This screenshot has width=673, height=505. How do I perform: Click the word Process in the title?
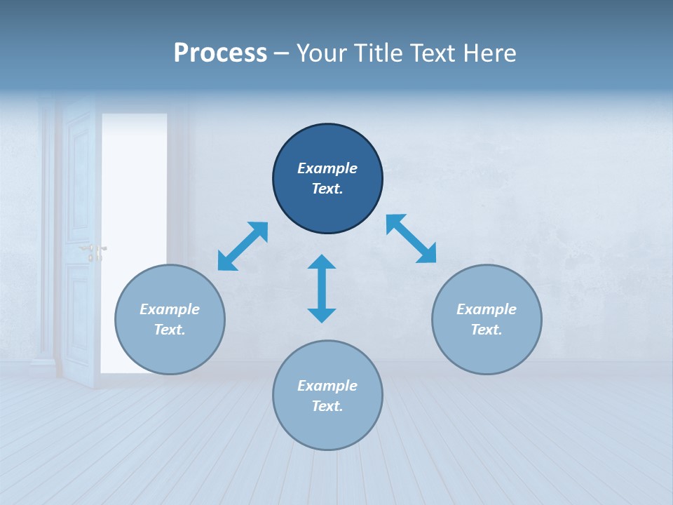point(220,53)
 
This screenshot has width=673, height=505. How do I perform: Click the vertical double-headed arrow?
point(322,289)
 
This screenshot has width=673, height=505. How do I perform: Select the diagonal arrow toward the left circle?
point(243,246)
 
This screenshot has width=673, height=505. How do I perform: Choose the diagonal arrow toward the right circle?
point(412,238)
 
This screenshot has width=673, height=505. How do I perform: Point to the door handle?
point(93,249)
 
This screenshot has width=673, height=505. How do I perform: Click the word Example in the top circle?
point(327,168)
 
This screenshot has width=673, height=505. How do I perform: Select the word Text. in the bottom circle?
point(327,406)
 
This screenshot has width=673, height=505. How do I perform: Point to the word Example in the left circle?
point(170,309)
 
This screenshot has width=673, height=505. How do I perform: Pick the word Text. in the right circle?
point(487,330)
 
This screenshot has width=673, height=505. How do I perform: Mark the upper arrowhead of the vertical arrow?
point(322,262)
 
